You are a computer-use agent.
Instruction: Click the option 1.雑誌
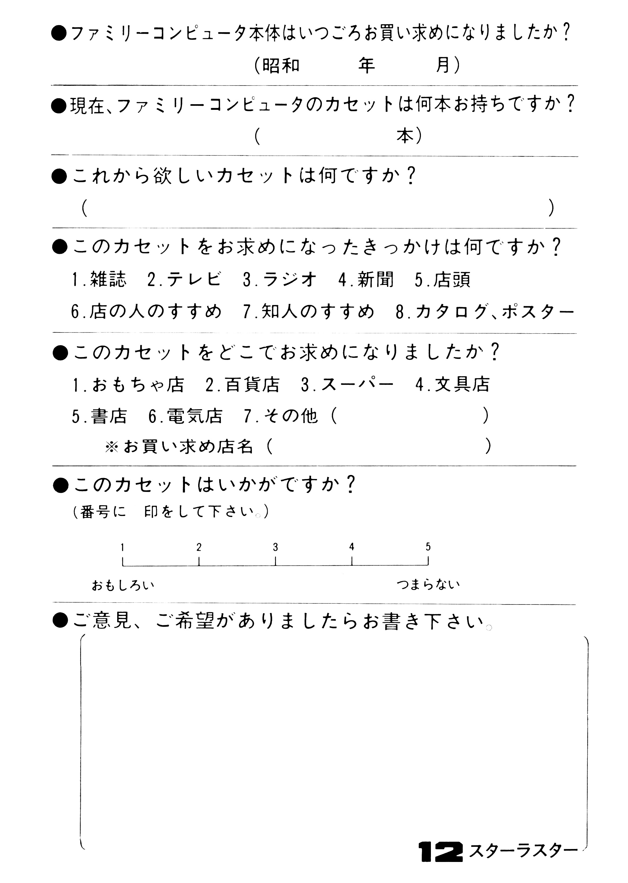tap(99, 279)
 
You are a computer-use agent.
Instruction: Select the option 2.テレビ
tap(184, 279)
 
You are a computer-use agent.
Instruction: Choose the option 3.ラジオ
tap(280, 279)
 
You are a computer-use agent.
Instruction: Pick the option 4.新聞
tap(366, 279)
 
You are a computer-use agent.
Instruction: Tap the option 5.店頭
tap(443, 279)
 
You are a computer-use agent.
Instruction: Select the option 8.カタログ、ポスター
tap(485, 311)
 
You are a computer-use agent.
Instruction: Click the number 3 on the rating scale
tap(275, 547)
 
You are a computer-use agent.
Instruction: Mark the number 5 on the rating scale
tap(428, 547)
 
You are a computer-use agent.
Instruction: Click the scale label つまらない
tap(428, 584)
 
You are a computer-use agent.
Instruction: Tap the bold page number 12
tap(441, 851)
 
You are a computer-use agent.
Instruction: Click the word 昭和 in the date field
tap(281, 65)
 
